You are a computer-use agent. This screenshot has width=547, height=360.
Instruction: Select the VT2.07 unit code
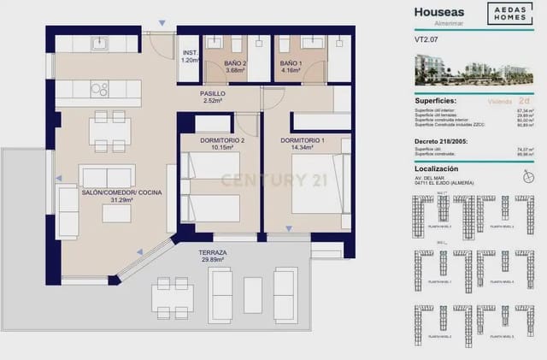pyautogui.click(x=426, y=41)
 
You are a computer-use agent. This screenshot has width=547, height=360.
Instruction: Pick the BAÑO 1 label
pyautogui.click(x=291, y=64)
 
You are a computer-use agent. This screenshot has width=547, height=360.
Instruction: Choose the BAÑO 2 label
pyautogui.click(x=235, y=64)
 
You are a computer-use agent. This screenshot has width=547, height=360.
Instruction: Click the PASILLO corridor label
pyautogui.click(x=213, y=93)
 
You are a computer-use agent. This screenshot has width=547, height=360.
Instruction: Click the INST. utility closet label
pyautogui.click(x=189, y=52)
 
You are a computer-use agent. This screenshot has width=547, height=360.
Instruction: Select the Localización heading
pyautogui.click(x=438, y=171)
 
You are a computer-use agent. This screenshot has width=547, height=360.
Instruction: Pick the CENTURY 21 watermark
pyautogui.click(x=263, y=180)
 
